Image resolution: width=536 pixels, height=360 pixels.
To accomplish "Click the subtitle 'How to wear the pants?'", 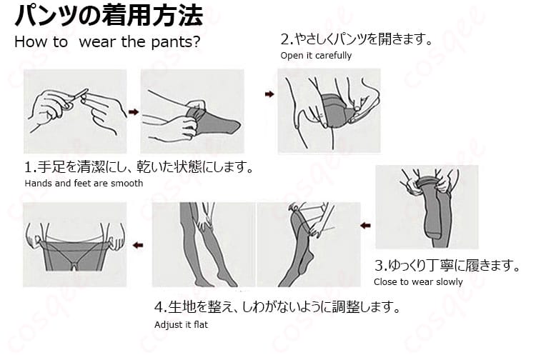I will coord(107,41).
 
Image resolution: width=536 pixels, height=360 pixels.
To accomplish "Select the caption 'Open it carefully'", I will coord(315,56).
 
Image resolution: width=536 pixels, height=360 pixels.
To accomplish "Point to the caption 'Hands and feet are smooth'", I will coord(84,183).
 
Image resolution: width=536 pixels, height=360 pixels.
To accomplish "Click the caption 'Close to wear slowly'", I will coord(418,281).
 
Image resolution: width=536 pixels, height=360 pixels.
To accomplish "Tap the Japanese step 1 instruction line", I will coord(139,168).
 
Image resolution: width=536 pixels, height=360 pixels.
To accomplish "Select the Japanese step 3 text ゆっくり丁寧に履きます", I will coord(447,266).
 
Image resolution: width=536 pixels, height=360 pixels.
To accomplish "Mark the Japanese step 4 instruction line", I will coord(276,309).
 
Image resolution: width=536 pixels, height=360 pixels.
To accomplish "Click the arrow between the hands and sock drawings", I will coord(133,111).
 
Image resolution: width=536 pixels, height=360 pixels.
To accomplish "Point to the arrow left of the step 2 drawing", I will coord(269,94).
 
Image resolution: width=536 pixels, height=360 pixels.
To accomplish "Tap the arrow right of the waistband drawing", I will coord(139,245).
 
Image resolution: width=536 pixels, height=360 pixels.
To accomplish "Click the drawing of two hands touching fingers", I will coord(75,111).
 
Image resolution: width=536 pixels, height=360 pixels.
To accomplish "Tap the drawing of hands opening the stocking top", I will coord(329,111).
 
